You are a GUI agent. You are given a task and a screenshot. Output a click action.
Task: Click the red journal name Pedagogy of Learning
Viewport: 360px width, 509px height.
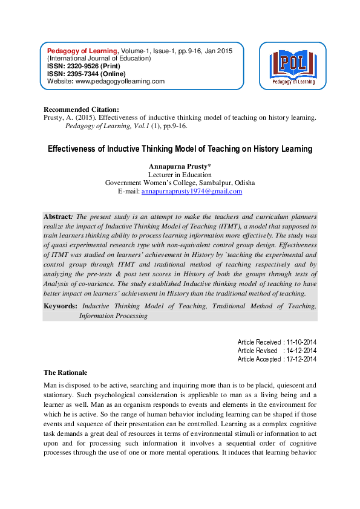[x=83, y=51]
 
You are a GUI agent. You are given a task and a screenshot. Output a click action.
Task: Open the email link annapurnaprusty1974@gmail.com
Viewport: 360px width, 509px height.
[x=191, y=191]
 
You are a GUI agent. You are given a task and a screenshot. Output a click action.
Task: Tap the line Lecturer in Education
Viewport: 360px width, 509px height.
[x=180, y=174]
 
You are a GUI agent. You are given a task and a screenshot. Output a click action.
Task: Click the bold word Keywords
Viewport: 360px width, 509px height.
[x=61, y=306]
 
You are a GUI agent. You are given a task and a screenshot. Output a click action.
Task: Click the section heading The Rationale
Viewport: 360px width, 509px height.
[x=66, y=372]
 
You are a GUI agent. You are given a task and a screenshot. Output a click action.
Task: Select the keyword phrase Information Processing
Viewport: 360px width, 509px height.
[x=113, y=316]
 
